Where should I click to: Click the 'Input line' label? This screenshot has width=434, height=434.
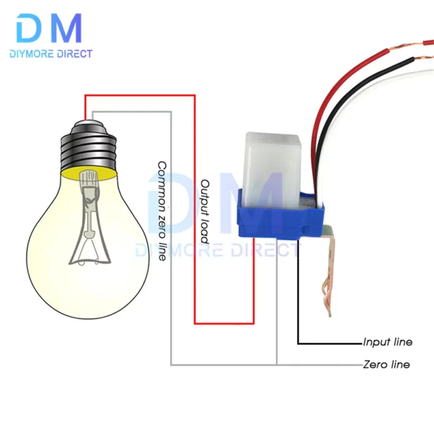coord(387,342)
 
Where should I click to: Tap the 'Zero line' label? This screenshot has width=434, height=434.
coord(386,364)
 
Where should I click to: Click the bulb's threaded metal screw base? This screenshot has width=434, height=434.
coord(87,146)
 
